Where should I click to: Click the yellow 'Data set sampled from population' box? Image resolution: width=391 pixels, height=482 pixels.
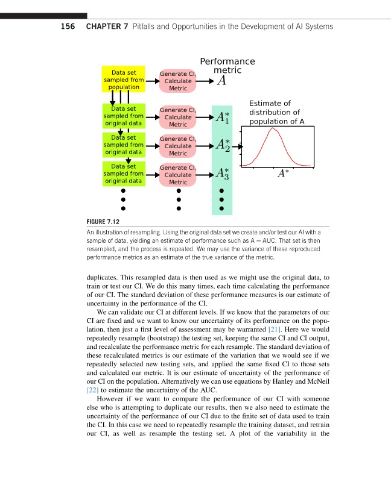pos(124,80)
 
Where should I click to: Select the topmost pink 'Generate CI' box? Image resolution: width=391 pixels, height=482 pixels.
pos(178,81)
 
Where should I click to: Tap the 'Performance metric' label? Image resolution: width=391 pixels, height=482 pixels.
pos(227,66)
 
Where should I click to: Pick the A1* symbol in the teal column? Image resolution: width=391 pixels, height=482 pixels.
pos(222,117)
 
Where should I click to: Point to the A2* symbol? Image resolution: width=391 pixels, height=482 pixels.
pos(222,146)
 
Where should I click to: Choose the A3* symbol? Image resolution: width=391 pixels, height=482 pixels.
pos(222,174)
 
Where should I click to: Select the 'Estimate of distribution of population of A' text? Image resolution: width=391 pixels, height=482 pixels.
pos(274,112)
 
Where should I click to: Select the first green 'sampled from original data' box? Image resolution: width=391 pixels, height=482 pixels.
pos(124,116)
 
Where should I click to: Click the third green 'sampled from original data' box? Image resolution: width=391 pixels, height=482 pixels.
pos(124,173)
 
